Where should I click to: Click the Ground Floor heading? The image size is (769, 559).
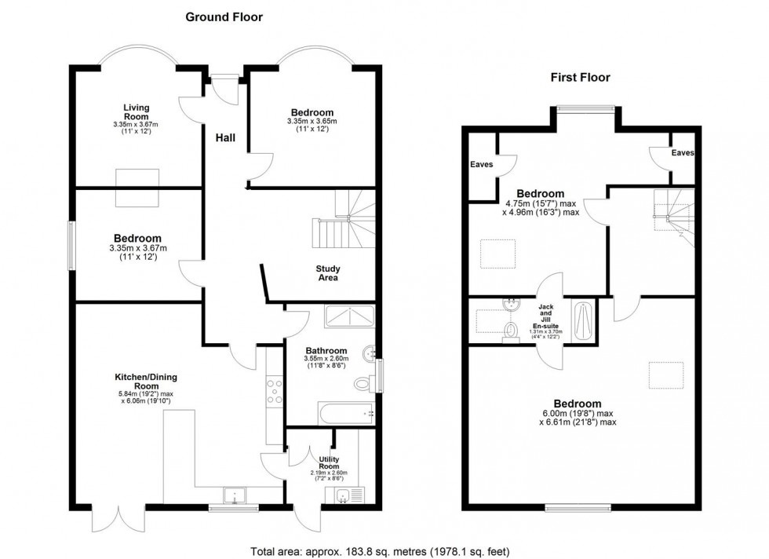224,16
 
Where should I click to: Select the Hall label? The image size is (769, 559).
225,137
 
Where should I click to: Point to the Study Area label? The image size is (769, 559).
328,273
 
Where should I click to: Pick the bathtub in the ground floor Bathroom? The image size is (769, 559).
346,413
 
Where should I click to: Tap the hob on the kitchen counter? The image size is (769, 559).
275,391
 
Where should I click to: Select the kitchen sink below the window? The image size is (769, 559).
235,495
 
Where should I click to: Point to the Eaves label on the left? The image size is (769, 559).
482,165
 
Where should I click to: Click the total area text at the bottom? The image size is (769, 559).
384,549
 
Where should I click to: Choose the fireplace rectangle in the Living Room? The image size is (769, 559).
137,188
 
